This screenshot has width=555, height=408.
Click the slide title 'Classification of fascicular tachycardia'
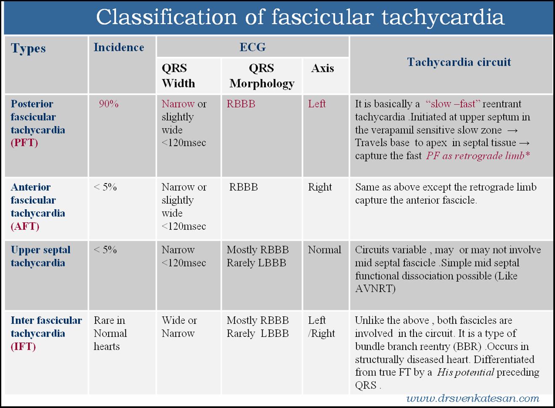[x=300, y=18]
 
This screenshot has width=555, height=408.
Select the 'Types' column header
[x=28, y=48]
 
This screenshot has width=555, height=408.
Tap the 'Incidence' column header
[x=119, y=47]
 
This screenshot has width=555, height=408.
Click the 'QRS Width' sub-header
[x=178, y=76]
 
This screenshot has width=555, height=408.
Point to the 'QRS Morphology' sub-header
[x=262, y=76]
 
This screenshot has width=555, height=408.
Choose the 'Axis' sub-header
[x=322, y=68]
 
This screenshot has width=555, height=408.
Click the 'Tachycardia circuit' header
[x=459, y=62]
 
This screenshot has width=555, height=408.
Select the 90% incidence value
[x=109, y=104]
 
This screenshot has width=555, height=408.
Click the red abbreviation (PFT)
[x=24, y=143]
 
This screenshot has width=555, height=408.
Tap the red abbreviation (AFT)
[x=25, y=227]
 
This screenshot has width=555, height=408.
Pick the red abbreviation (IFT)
[x=23, y=347]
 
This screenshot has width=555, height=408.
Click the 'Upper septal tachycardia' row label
[x=40, y=256]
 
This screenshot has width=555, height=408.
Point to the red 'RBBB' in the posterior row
[x=241, y=104]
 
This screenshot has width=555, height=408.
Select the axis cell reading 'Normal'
[x=324, y=250]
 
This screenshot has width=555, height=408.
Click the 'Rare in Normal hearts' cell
[x=110, y=333]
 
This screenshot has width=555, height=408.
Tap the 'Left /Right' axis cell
[x=321, y=327]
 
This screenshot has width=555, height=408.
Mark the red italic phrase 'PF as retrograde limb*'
[x=478, y=156]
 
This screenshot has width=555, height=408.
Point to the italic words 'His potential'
[x=465, y=372]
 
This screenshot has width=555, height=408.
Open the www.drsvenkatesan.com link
[x=473, y=398]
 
